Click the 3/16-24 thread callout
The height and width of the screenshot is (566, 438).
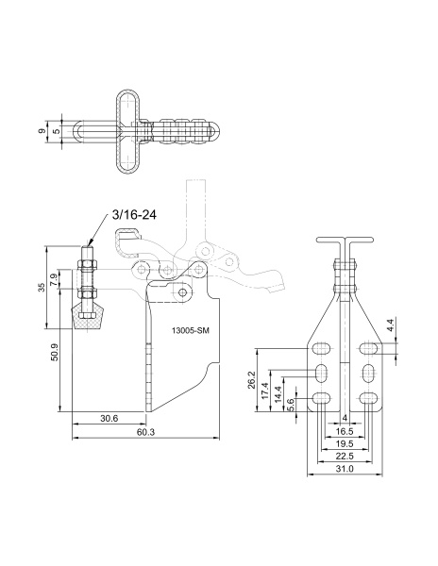[134, 215]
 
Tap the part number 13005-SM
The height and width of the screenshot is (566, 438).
[191, 331]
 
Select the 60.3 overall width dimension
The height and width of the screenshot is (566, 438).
[146, 432]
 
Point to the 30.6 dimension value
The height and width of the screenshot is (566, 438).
[109, 418]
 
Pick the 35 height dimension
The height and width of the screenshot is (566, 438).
[42, 288]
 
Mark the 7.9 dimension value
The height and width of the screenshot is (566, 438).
[54, 280]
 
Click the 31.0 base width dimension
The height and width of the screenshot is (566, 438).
[345, 469]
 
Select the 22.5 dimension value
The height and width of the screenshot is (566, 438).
[345, 457]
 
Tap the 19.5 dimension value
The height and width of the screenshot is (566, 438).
[345, 444]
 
